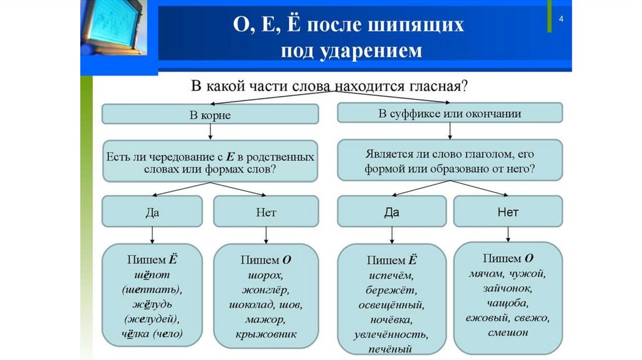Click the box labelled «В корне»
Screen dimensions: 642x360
(x=210, y=115)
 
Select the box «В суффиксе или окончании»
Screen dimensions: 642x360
(x=450, y=113)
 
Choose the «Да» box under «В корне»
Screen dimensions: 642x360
(x=152, y=212)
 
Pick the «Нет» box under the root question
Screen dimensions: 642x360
(x=266, y=212)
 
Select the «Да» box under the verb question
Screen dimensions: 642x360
(x=391, y=212)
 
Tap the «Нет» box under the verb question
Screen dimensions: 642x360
(x=508, y=212)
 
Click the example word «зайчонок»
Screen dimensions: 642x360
(x=508, y=289)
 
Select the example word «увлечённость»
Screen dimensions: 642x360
(x=391, y=335)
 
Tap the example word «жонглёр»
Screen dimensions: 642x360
(x=266, y=290)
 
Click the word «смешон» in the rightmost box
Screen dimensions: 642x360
(x=508, y=333)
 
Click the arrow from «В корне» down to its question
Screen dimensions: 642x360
(x=210, y=132)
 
